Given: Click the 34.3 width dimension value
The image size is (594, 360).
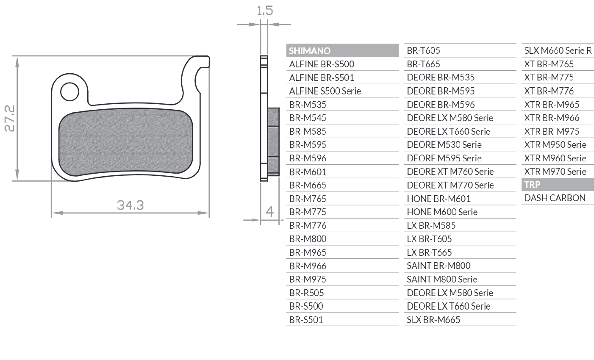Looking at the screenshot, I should click(130, 205).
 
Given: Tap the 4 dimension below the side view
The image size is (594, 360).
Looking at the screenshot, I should click(269, 211).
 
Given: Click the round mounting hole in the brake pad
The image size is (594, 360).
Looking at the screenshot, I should click(69, 91).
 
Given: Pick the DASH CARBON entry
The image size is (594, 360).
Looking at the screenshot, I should click(555, 198).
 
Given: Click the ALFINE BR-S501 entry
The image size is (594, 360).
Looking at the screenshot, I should click(322, 78).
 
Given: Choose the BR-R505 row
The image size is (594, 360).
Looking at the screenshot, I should click(306, 293).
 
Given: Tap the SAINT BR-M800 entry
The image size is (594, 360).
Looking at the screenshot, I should click(439, 266).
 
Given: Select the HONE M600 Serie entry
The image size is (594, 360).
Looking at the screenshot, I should click(442, 212).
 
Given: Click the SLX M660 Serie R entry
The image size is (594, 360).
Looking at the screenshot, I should click(558, 51).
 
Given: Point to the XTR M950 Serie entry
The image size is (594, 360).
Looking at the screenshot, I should click(555, 144).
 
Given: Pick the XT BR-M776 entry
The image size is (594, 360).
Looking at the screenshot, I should click(549, 91).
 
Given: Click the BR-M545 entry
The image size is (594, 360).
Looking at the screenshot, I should click(308, 118).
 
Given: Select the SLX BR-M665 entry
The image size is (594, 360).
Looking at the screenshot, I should click(433, 320).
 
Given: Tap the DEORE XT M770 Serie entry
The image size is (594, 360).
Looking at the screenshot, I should click(450, 185).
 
